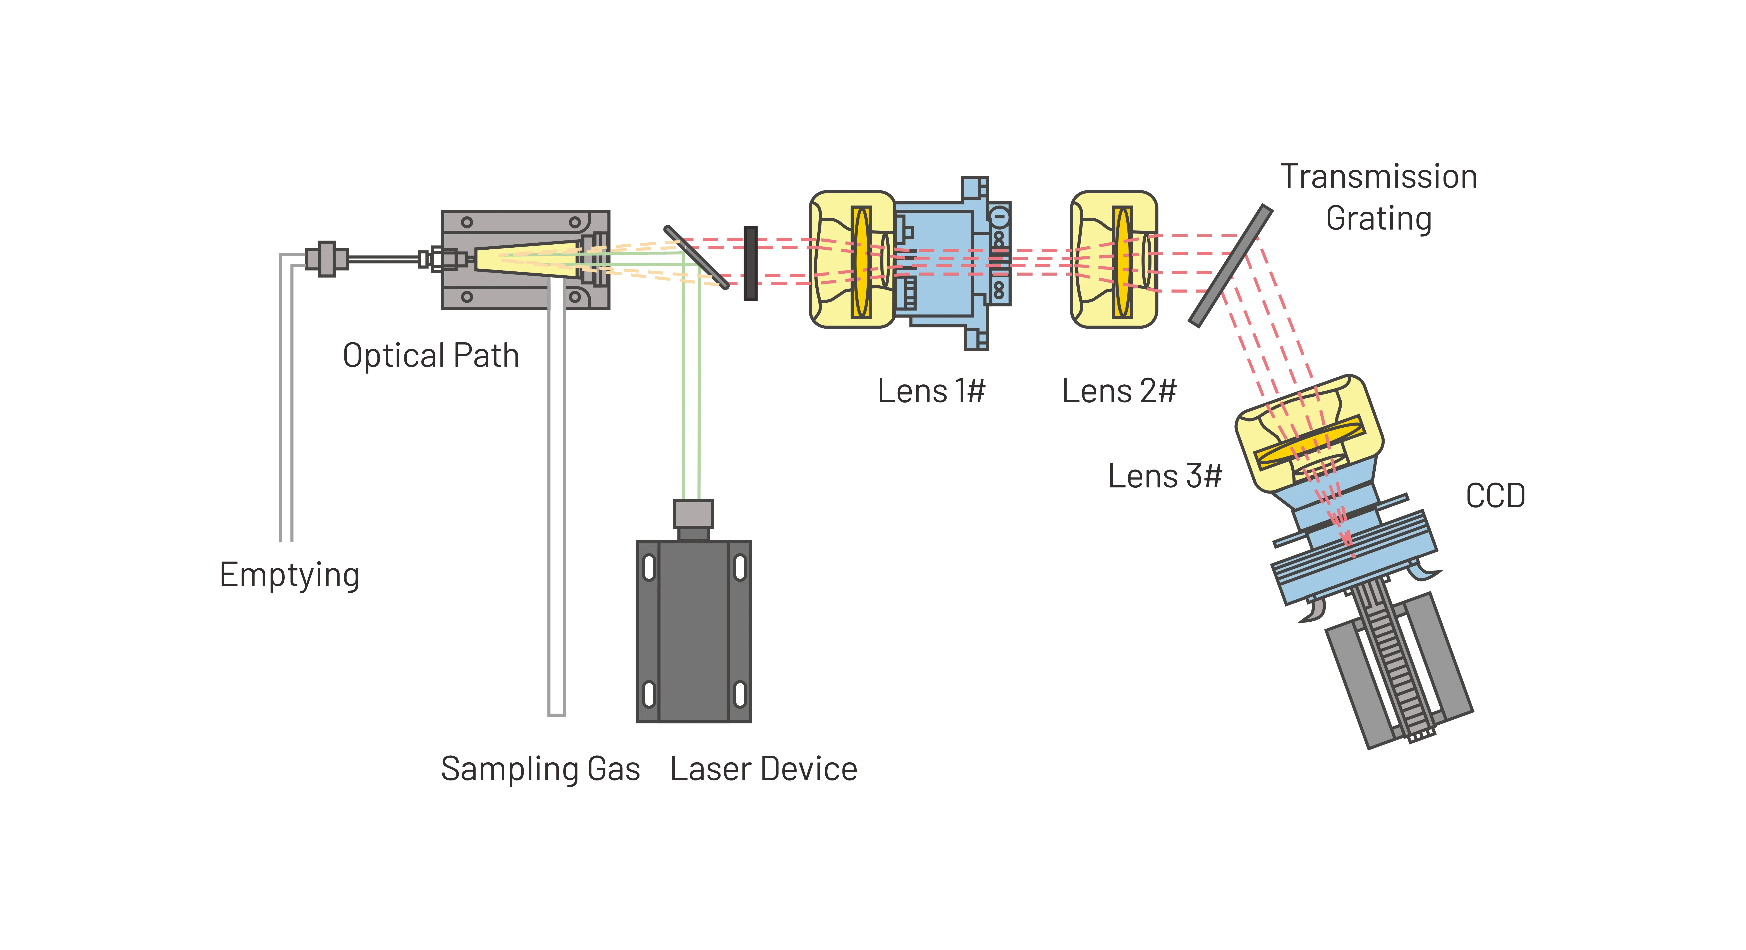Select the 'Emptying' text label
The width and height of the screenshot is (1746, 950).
tap(289, 575)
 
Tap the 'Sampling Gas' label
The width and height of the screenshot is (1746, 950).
tap(540, 769)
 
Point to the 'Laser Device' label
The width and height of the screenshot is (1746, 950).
tap(764, 769)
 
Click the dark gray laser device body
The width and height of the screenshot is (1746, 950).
tap(693, 630)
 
